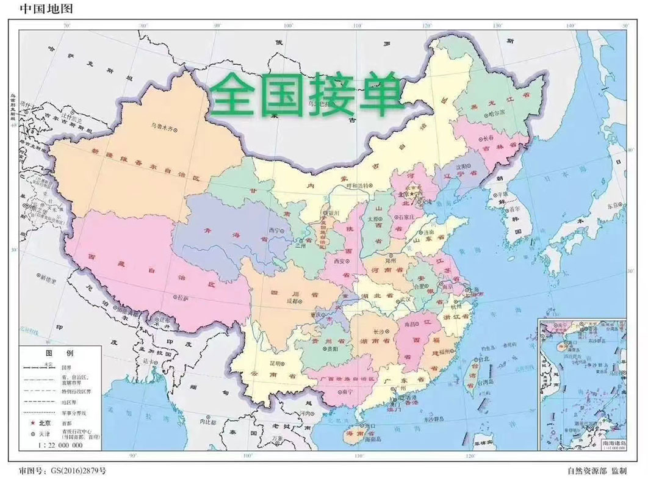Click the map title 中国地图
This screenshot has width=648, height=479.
(42, 9)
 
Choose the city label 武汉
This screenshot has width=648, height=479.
(403, 301)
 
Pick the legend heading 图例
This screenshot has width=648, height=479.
(60, 353)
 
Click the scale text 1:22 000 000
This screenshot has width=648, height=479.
(62, 447)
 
